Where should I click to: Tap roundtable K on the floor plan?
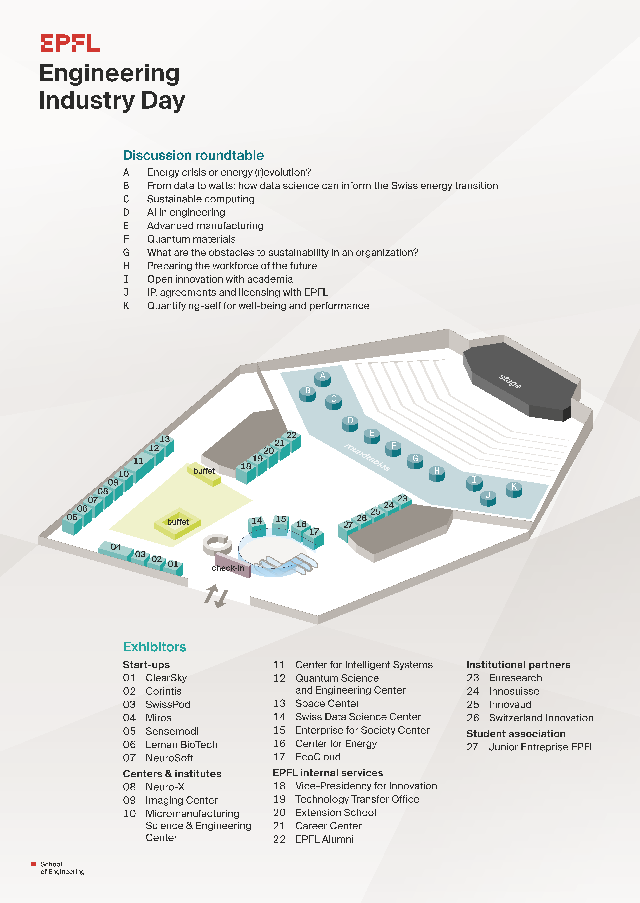pyautogui.click(x=514, y=489)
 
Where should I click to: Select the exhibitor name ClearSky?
pyautogui.click(x=166, y=678)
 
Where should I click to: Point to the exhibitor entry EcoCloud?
pyautogui.click(x=318, y=757)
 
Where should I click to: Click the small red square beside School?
pyautogui.click(x=34, y=864)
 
